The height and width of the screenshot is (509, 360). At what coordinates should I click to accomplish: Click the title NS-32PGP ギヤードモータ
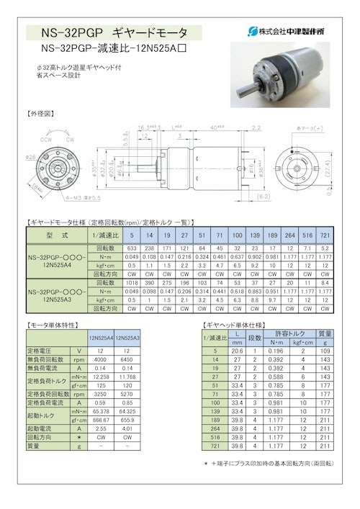114,32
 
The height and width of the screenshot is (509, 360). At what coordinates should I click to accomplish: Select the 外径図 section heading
40,114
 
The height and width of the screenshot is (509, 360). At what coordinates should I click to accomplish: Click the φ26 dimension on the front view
30,156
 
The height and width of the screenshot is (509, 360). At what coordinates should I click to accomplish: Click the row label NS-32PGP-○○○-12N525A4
58,260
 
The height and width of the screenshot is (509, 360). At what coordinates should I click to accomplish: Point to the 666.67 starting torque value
100,422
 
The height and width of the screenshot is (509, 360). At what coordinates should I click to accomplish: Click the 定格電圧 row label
45,351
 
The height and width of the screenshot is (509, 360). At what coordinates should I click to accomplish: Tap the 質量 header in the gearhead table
325,333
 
